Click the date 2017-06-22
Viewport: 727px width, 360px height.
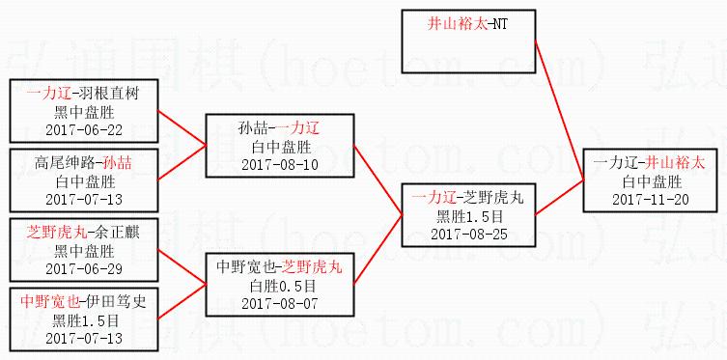tap(84, 130)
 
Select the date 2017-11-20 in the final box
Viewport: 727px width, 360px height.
tap(650, 200)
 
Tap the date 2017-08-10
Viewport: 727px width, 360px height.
tap(280, 165)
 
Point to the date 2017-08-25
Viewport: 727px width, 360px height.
tap(469, 235)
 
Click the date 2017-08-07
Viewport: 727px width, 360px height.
tap(280, 304)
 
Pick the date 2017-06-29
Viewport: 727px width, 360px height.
tap(84, 269)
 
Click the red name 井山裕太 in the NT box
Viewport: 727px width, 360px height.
tap(458, 24)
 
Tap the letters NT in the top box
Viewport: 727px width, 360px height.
tap(500, 24)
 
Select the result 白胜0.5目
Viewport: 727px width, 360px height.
tap(280, 287)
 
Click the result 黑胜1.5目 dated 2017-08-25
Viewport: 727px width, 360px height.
tap(469, 217)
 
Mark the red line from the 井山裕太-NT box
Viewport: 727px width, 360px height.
tap(559, 110)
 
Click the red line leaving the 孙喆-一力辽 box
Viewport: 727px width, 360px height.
tap(377, 180)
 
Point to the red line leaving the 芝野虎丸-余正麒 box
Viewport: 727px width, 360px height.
tap(182, 266)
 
